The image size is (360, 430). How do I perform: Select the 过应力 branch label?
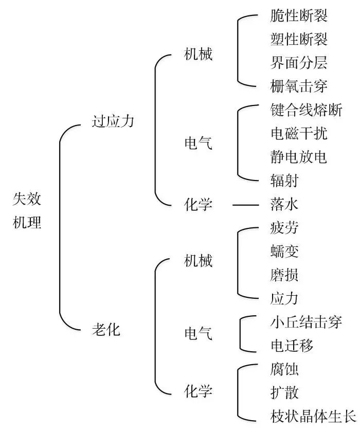coord(113,121)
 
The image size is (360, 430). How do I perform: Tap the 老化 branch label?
coord(105,329)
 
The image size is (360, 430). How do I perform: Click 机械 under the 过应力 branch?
coord(198,55)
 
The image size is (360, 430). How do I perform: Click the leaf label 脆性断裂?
coord(298,15)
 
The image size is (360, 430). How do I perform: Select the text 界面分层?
coord(298,62)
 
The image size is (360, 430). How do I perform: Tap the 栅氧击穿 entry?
coord(298,85)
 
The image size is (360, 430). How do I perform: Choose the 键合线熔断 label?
coord(305,110)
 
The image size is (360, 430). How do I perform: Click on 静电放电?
coord(298,156)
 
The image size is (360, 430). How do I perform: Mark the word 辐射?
coord(284,180)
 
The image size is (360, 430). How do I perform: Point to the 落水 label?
coord(284,205)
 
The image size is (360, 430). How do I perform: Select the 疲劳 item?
coord(284,228)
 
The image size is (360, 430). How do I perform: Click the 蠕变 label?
coord(284,252)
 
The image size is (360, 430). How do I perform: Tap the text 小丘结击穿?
coord(305,322)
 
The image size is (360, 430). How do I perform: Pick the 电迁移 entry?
coord(291,345)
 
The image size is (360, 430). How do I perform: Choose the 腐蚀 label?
coord(284,369)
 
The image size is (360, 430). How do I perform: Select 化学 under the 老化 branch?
coord(198,391)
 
